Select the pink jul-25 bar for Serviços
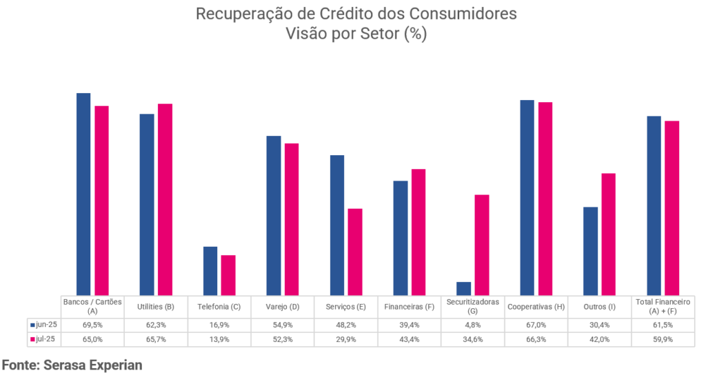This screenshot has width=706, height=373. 355,252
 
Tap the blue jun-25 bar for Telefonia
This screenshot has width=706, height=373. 210,271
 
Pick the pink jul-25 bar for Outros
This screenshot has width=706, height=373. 608,234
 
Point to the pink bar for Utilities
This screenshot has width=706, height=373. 165,200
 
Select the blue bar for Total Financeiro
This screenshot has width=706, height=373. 654,206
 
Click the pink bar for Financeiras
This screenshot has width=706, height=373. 418,232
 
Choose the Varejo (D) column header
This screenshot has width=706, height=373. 283,306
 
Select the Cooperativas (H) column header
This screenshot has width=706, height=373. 536,306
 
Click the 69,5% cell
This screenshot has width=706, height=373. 92,324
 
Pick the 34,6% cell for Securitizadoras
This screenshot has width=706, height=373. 472,339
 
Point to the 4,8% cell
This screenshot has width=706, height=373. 472,324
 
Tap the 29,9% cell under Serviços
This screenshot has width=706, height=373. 346,339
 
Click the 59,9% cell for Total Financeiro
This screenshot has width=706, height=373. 663,339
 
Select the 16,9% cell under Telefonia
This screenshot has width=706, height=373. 219,324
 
